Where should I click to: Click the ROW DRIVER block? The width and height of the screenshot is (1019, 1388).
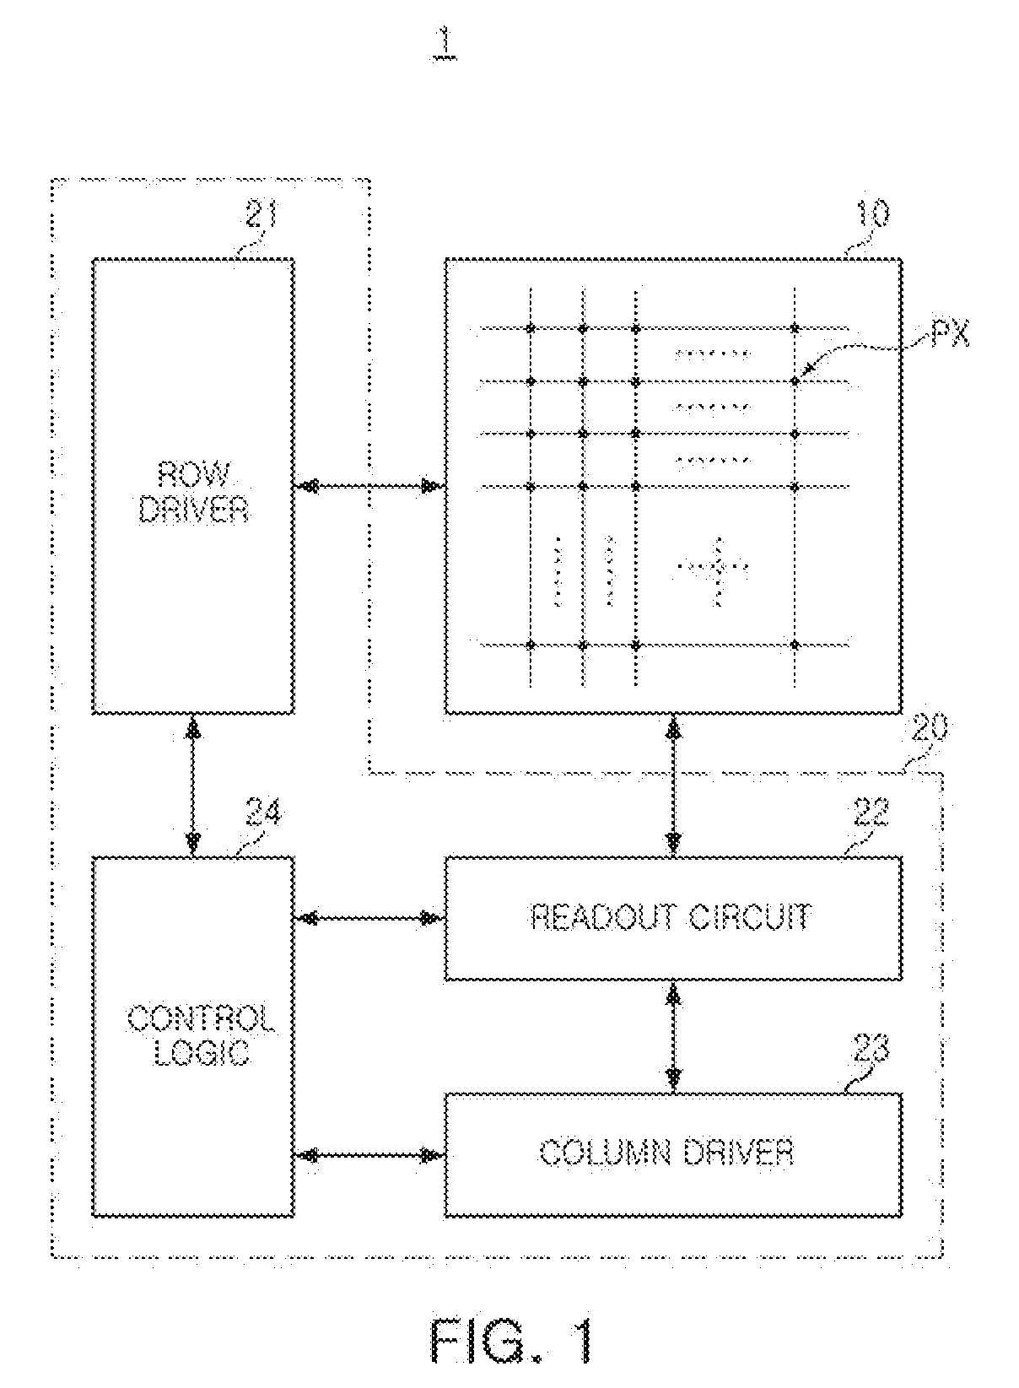click(x=193, y=486)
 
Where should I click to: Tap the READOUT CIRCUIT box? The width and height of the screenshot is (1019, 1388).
click(x=673, y=918)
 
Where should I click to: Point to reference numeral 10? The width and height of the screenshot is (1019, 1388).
click(x=871, y=213)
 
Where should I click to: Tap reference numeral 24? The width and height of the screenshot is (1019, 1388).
click(x=263, y=813)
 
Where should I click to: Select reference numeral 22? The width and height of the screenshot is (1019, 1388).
click(x=871, y=813)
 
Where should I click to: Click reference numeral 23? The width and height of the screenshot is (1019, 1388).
click(x=871, y=1049)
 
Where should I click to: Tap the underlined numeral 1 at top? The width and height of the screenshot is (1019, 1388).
click(x=445, y=44)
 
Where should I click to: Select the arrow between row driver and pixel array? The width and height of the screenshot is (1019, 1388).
click(x=369, y=486)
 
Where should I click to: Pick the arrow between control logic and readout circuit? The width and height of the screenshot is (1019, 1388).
click(x=369, y=918)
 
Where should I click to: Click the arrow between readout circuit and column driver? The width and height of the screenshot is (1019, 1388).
click(x=673, y=1037)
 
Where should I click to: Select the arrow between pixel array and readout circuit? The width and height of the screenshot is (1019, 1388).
click(x=673, y=786)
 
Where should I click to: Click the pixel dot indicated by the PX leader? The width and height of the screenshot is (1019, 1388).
click(x=795, y=381)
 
